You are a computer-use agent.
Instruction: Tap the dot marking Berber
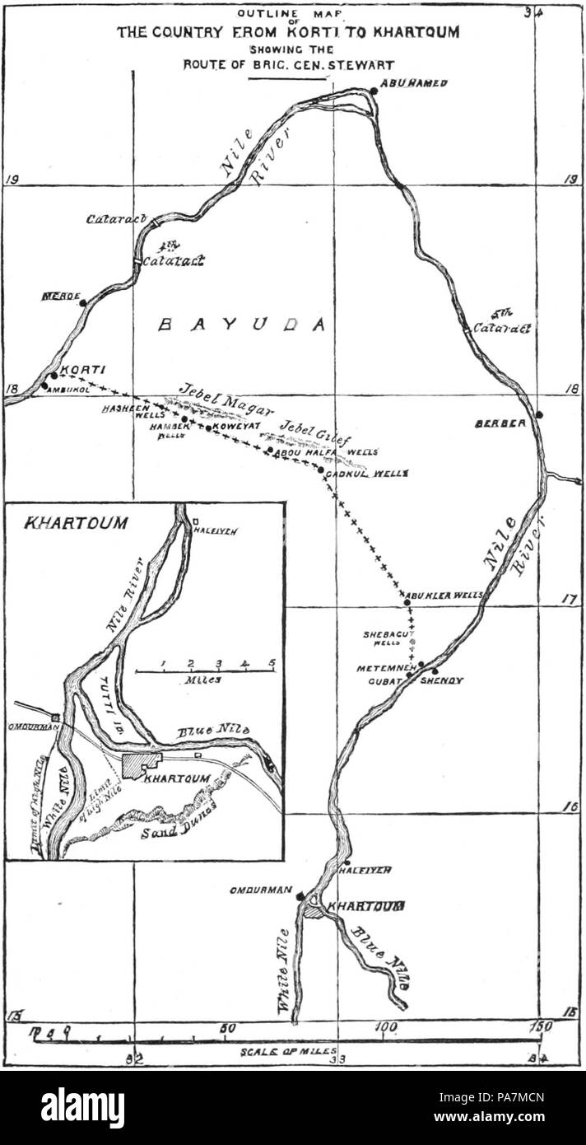coord(539,414)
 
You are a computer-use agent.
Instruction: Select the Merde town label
coord(58,296)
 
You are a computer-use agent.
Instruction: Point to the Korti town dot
coord(54,375)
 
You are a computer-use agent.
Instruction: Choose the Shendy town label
coord(442,681)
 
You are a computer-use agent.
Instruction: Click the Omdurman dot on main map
coord(301,896)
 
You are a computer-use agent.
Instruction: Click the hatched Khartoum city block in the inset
coord(141,764)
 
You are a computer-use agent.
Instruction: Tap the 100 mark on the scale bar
coord(384,1028)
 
